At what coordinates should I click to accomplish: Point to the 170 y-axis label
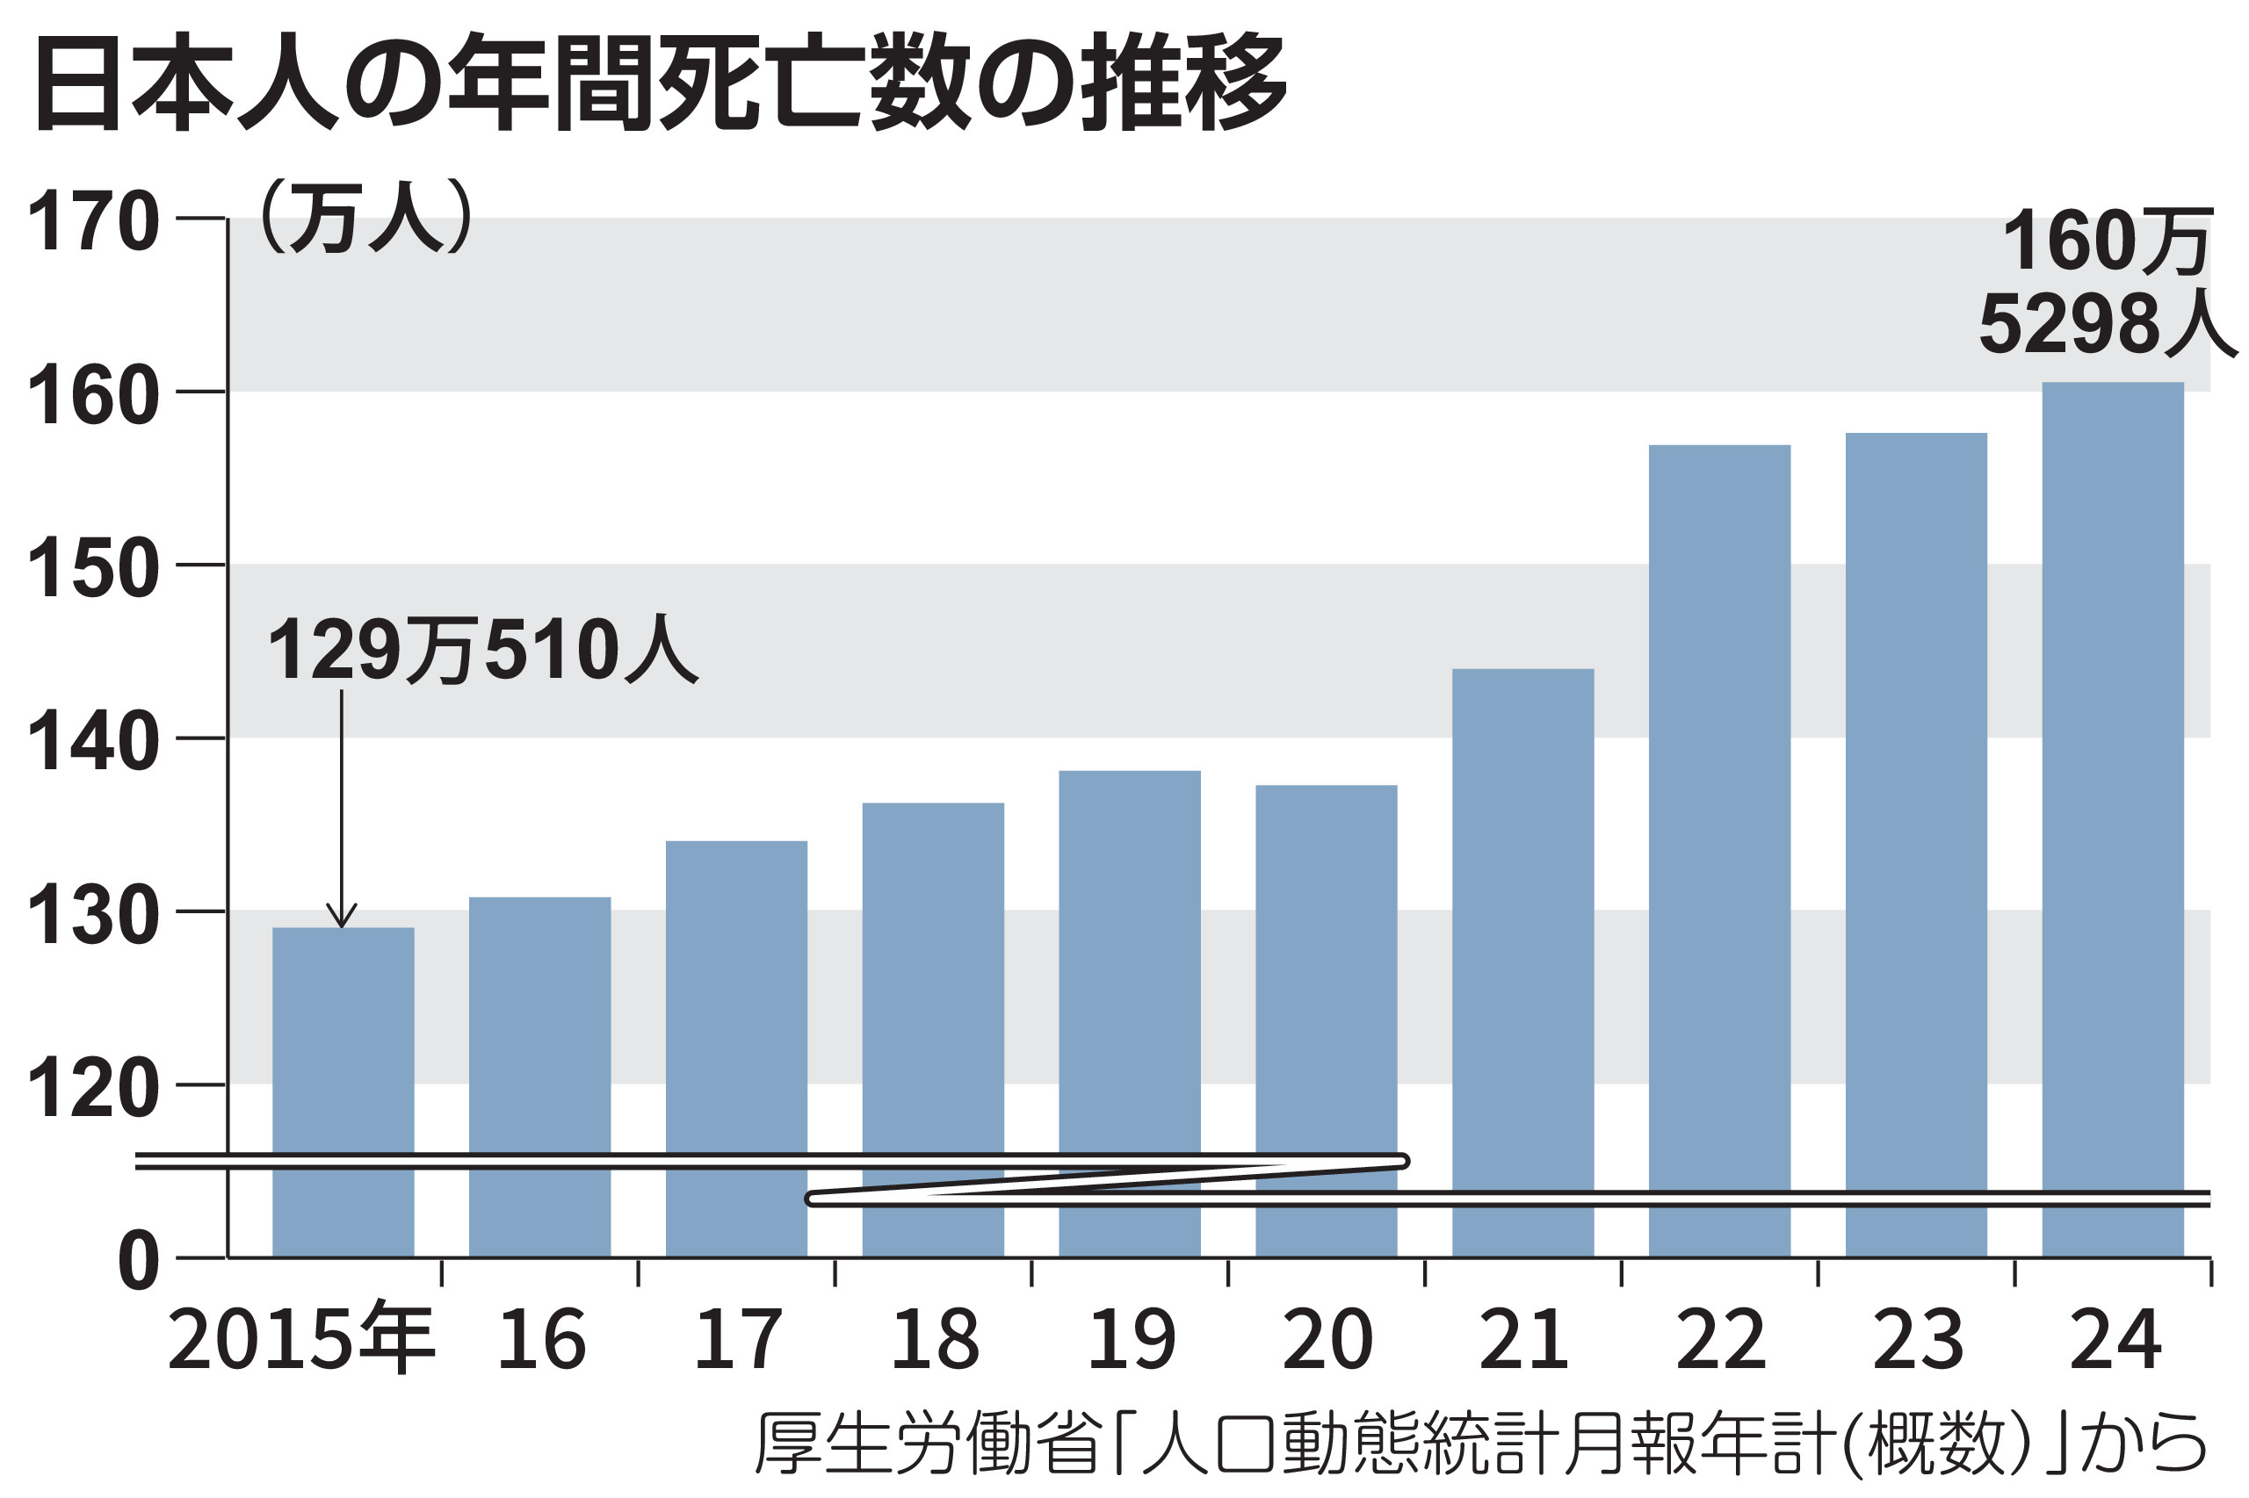93,221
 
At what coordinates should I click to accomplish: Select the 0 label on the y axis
138,1262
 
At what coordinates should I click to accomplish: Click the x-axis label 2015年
301,1339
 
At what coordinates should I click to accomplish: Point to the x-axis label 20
1327,1339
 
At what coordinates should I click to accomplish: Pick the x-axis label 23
1916,1339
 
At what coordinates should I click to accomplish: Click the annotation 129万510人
482,651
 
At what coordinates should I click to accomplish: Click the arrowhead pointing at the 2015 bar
341,917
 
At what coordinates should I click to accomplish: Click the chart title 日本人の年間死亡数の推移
660,83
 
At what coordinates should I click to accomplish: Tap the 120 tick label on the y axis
93,1088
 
